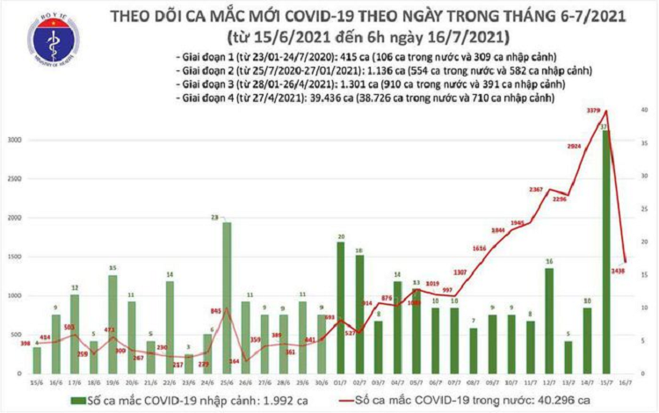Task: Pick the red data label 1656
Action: pyautogui.click(x=479, y=250)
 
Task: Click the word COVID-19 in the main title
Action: pyautogui.click(x=310, y=18)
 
